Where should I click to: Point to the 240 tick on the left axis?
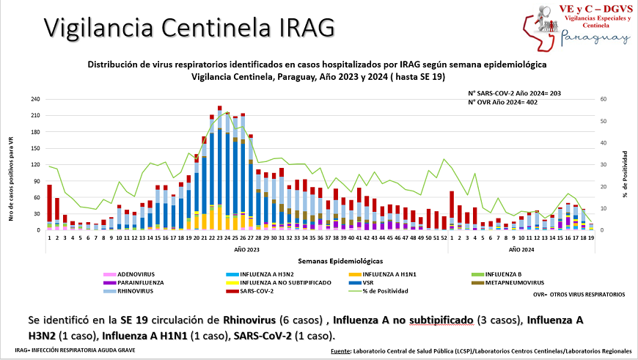tap(34, 99)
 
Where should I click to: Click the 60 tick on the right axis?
tap(603, 99)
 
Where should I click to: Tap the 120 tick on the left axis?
tap(34, 165)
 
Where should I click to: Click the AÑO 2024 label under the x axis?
tap(521, 249)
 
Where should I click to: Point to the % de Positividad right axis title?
tap(625, 175)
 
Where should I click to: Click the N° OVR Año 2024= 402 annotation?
tap(504, 102)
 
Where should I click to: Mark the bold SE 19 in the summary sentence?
tap(136, 321)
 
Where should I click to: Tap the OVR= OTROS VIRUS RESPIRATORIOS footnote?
tap(579, 294)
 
